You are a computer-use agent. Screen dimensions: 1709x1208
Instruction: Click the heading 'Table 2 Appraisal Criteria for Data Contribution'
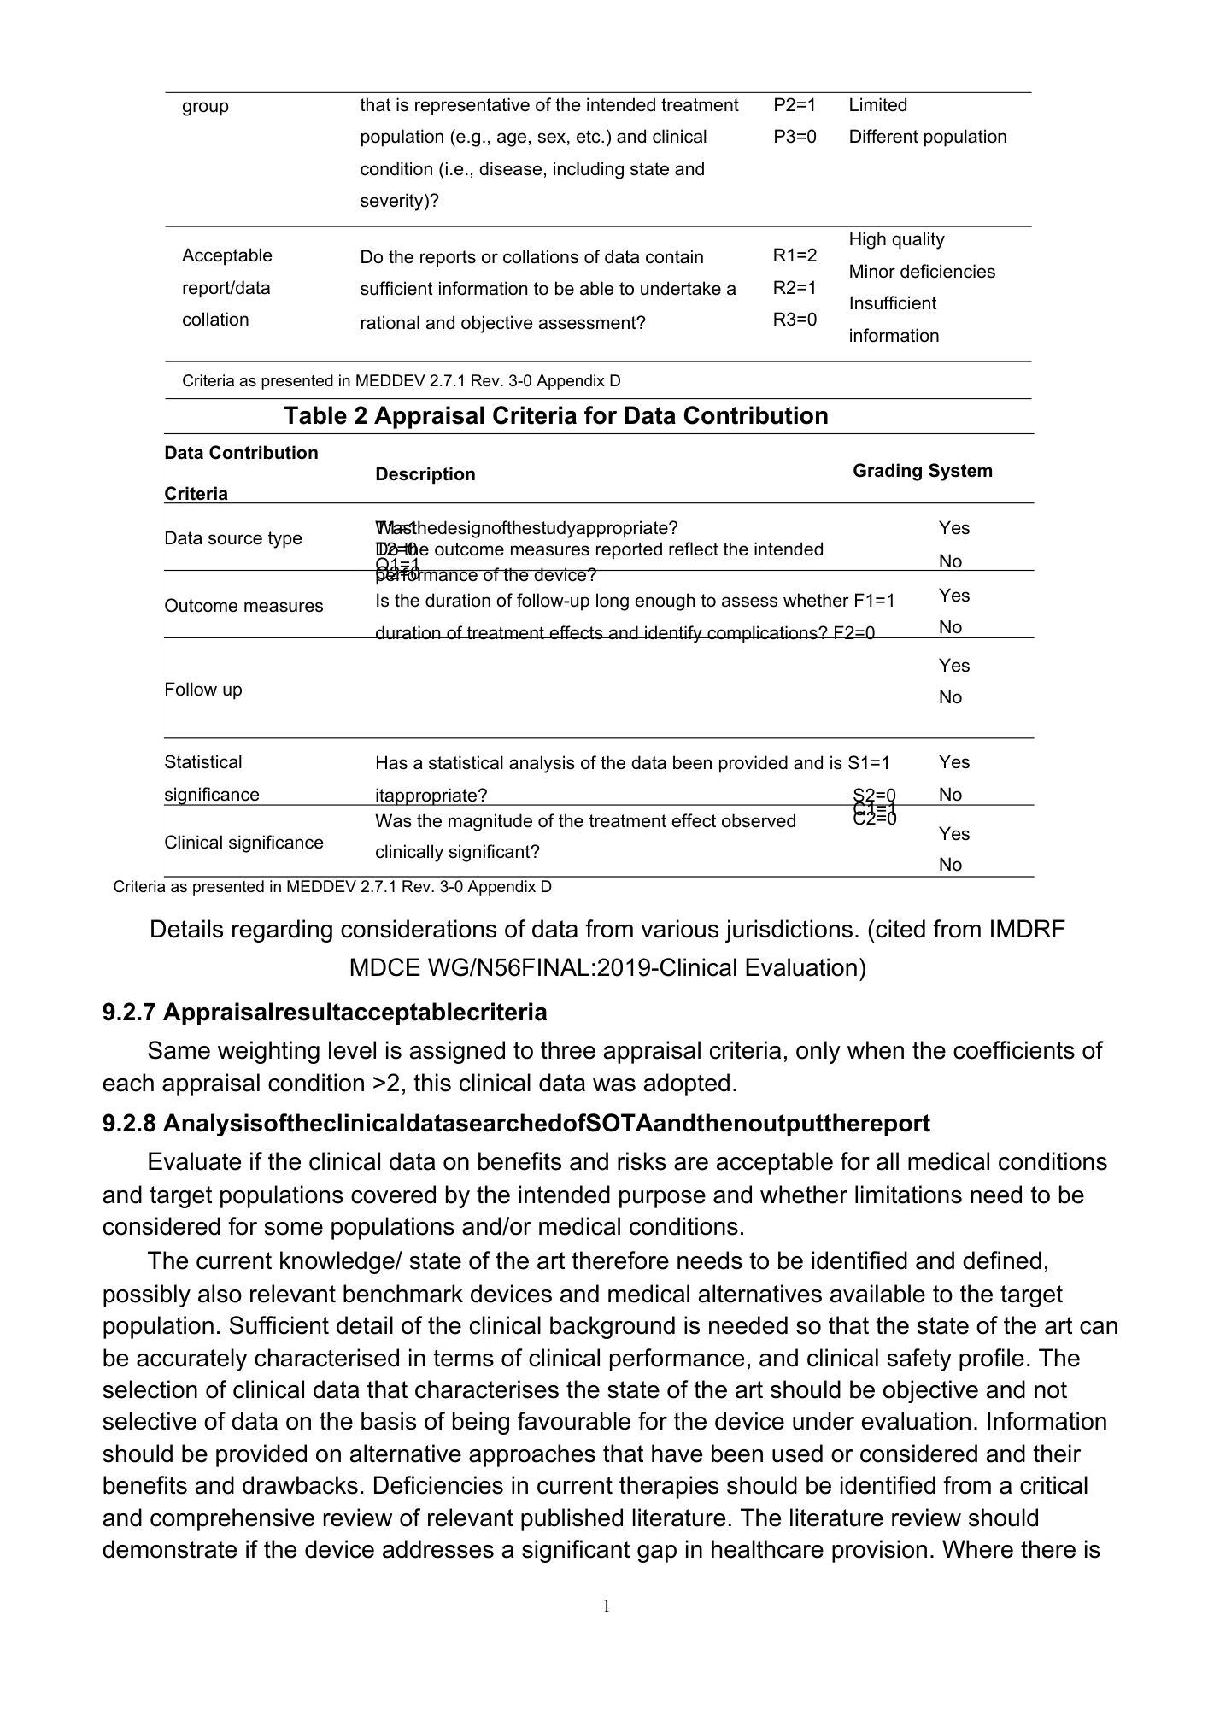click(x=556, y=416)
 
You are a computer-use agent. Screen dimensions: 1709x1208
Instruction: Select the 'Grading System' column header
click(x=923, y=471)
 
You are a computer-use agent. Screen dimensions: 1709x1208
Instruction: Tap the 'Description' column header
click(x=425, y=474)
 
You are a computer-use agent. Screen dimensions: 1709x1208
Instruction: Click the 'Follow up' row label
click(x=203, y=690)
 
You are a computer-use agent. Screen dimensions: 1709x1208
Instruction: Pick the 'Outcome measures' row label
click(x=243, y=606)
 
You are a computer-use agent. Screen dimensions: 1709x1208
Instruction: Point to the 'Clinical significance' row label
click(x=243, y=843)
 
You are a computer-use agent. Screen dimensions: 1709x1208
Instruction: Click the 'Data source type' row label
click(x=233, y=538)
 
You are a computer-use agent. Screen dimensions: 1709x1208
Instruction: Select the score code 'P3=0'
click(x=795, y=137)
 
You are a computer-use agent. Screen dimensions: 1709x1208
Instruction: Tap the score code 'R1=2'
click(x=795, y=255)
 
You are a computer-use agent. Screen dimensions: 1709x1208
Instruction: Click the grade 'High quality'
click(x=896, y=239)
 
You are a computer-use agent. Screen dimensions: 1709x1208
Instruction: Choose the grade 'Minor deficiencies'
click(x=922, y=272)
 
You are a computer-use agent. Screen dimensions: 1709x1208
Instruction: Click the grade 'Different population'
click(x=928, y=137)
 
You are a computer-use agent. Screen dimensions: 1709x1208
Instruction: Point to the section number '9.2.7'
click(x=129, y=1013)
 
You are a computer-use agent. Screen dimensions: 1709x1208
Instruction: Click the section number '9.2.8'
click(x=129, y=1124)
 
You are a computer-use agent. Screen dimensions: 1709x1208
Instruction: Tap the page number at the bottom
click(x=607, y=1606)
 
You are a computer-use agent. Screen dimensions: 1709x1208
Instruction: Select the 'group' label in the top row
click(x=205, y=106)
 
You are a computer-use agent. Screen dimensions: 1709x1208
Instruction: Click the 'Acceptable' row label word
click(x=227, y=255)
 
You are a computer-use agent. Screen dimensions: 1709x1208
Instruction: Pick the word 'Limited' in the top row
click(x=878, y=105)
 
